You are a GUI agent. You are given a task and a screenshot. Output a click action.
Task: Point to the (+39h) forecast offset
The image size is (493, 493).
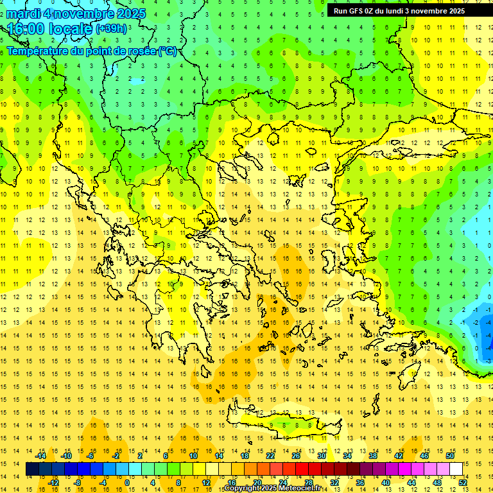coord(111,29)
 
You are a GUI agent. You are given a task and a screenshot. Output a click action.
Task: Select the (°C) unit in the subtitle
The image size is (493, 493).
coord(168,51)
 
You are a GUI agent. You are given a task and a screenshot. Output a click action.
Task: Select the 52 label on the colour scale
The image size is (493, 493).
coord(462,483)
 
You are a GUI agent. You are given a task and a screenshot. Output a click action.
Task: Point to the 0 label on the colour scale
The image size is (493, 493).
coord(126,483)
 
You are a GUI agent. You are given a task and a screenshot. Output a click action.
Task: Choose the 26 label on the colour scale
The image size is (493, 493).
coord(296,456)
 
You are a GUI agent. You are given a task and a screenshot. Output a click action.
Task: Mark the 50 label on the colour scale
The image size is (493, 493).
coord(449,456)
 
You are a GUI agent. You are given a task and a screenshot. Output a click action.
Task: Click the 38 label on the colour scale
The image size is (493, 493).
coord(373,456)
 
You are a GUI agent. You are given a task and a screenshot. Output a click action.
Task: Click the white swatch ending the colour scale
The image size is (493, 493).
coord(456,469)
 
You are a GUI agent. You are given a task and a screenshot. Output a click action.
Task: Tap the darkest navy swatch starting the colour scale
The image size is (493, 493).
coord(33,469)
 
